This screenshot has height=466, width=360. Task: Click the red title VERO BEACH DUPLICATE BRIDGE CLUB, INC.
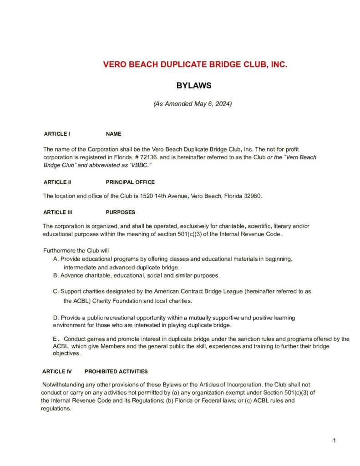point(195,65)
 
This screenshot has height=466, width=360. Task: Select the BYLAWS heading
point(193,86)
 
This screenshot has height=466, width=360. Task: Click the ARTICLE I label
point(56,134)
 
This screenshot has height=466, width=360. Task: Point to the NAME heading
point(113,134)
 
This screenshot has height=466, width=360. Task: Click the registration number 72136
point(147,157)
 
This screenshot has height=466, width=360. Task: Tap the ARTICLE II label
point(57,182)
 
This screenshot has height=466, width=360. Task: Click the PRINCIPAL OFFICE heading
point(130,182)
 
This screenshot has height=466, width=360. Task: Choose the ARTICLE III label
point(58,212)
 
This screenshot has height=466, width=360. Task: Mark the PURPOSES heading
point(120,212)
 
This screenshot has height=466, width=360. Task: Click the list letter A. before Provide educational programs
point(56,259)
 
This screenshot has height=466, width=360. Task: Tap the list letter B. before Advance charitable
point(56,275)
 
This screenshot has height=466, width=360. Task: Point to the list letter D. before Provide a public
point(56,317)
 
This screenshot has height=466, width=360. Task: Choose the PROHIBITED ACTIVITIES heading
point(116,371)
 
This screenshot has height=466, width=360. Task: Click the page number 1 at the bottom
point(334,441)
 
